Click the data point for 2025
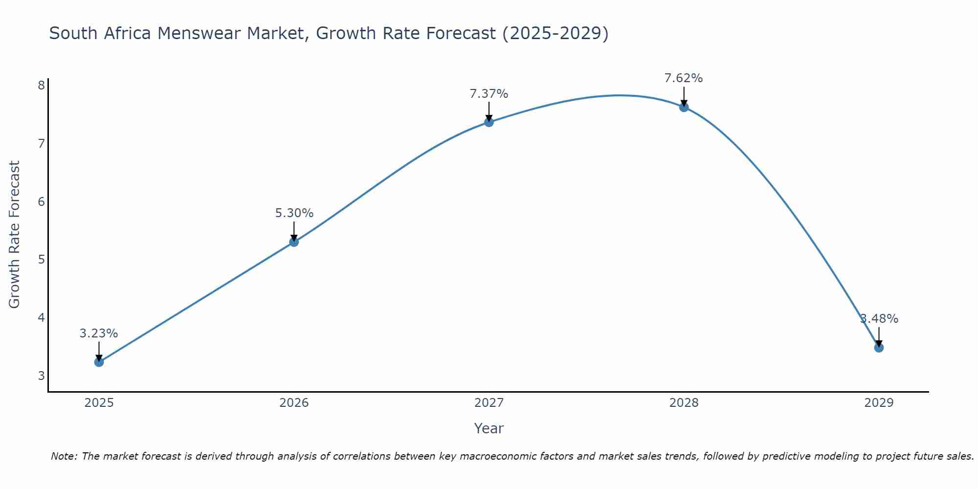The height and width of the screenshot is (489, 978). point(99,362)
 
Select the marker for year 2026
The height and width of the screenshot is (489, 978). point(294,242)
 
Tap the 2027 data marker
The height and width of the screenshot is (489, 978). point(489,122)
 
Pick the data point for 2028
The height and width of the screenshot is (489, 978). point(684,107)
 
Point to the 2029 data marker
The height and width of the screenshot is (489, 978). point(879,348)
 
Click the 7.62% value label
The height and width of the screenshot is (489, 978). point(684,78)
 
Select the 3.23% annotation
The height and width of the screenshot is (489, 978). point(99,333)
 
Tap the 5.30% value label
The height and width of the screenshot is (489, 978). point(294,213)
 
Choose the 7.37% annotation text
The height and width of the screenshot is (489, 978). point(489,94)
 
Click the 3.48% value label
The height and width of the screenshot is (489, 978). point(879,319)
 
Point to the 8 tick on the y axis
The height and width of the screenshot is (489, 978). point(41,86)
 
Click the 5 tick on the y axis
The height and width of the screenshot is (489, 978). point(41,260)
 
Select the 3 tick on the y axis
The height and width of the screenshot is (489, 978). point(41,376)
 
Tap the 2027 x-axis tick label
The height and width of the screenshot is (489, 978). point(489,403)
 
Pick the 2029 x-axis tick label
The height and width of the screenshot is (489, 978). point(879,403)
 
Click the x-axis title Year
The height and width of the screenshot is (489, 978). point(489,428)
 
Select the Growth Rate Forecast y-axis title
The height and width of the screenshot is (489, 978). point(15,235)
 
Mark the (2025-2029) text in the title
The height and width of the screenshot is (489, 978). point(556,33)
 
